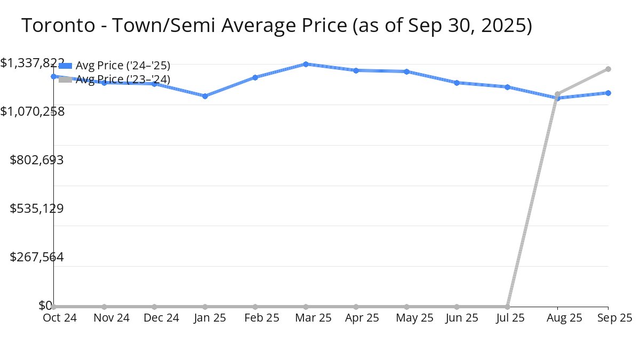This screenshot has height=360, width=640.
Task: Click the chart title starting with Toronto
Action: (x=276, y=26)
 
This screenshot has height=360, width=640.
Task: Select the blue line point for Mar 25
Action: (x=306, y=64)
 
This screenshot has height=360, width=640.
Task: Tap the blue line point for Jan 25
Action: (x=205, y=96)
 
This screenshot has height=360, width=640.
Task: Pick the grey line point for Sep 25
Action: (x=608, y=69)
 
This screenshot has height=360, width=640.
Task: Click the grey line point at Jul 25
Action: (x=507, y=307)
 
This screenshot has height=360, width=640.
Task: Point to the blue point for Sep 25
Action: (x=608, y=93)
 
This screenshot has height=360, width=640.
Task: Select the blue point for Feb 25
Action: (x=255, y=77)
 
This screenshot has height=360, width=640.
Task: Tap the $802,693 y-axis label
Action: (x=37, y=159)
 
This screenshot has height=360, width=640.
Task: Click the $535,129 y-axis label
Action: (x=37, y=208)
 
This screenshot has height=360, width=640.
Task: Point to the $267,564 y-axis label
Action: (x=37, y=257)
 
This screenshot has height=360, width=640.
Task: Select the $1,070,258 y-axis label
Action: (x=33, y=111)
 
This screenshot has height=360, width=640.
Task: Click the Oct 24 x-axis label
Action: (x=60, y=318)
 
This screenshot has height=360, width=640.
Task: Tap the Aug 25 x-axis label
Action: (x=557, y=318)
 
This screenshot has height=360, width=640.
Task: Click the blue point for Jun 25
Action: (x=457, y=83)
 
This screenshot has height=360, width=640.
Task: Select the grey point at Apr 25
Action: (x=356, y=307)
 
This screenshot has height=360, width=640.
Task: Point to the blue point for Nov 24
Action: (x=104, y=83)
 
